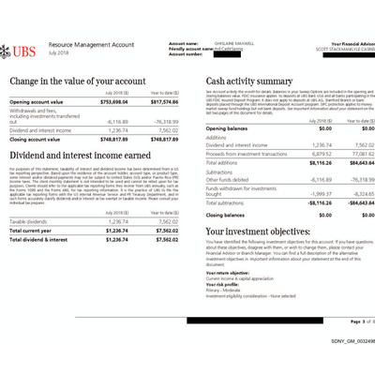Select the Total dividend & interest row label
pos(44,239)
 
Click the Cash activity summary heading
pos(248,82)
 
